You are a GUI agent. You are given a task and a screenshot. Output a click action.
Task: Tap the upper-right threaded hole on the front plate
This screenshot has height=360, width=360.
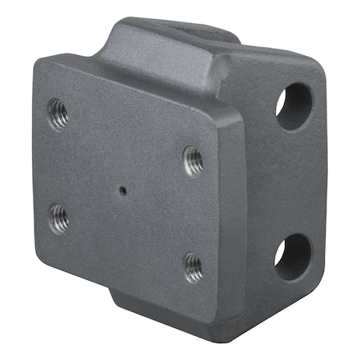coord(193,159)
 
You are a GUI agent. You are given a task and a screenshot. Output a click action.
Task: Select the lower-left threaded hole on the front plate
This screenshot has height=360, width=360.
coord(58,216)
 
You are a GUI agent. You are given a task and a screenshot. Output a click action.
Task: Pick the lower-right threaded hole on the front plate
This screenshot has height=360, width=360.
coord(192,267)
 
